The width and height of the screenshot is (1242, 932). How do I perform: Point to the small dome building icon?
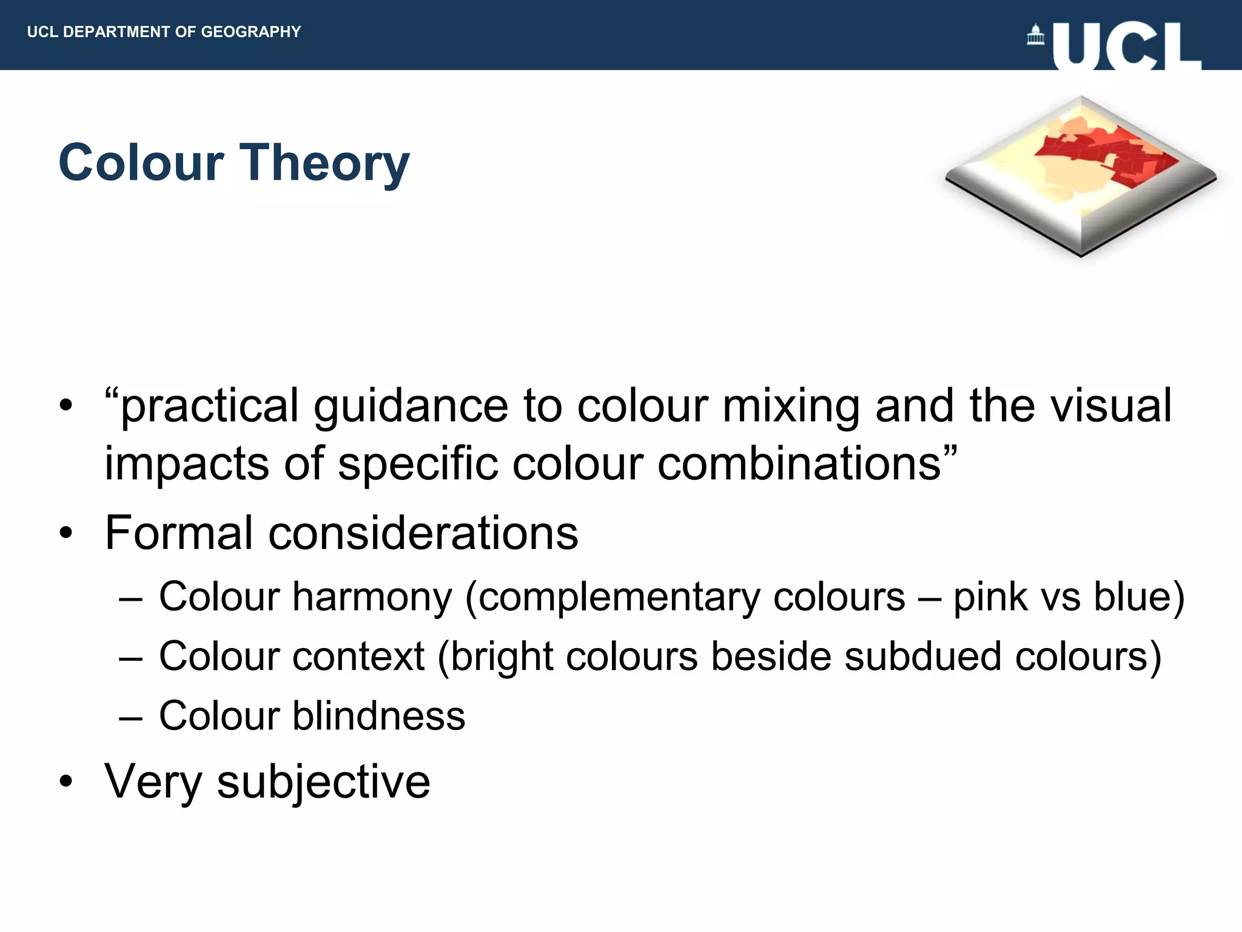(x=1035, y=35)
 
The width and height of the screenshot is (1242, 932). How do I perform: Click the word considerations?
(x=423, y=533)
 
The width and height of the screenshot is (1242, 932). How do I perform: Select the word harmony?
(x=372, y=597)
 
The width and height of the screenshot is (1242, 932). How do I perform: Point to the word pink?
(x=990, y=597)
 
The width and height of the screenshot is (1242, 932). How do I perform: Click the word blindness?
(x=378, y=716)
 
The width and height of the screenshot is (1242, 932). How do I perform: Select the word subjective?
(x=323, y=782)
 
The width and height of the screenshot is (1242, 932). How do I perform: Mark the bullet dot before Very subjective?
(x=66, y=782)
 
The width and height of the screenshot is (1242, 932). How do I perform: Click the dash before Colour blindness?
(x=130, y=718)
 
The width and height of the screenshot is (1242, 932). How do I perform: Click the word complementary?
(x=619, y=597)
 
